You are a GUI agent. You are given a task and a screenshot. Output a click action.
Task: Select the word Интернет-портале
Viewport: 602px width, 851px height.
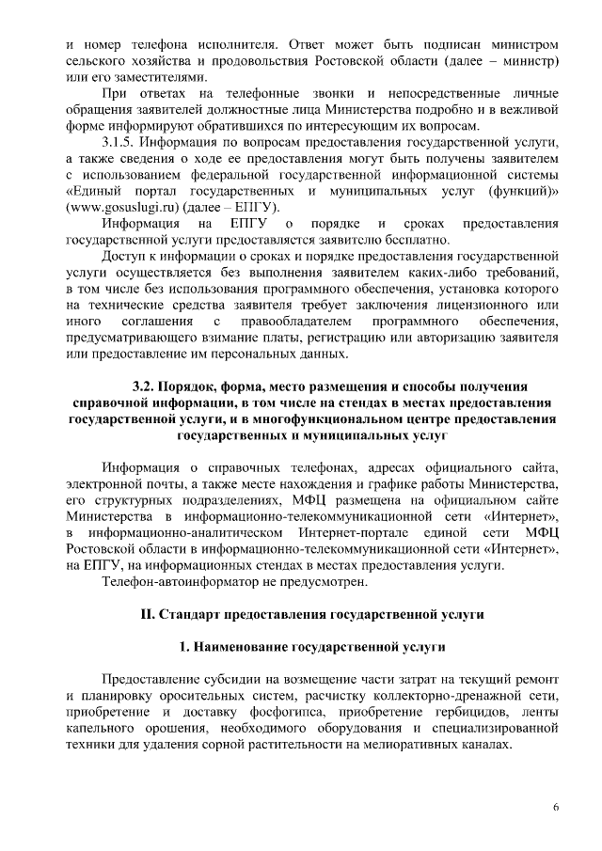coord(337,533)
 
